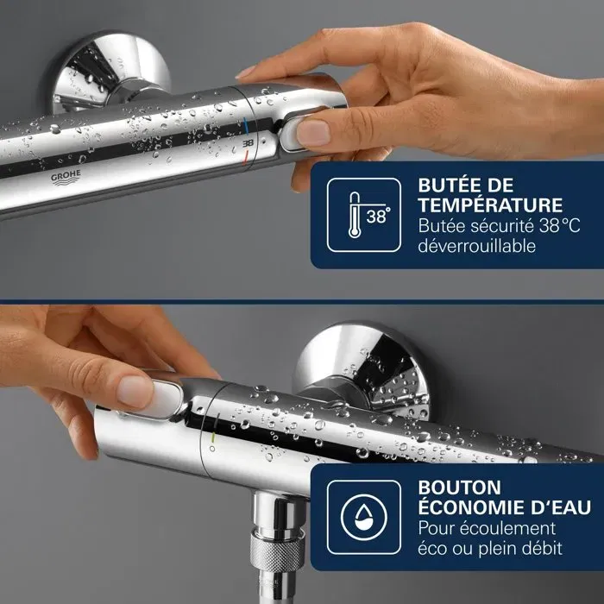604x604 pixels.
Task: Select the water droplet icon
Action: tap(363, 515)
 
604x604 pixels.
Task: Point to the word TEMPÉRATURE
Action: tap(490, 206)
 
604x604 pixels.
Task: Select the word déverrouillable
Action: tap(476, 247)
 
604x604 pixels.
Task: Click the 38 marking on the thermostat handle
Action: tap(248, 140)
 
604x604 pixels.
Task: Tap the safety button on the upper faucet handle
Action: tap(298, 131)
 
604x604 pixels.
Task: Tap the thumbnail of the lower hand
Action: tap(136, 390)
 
